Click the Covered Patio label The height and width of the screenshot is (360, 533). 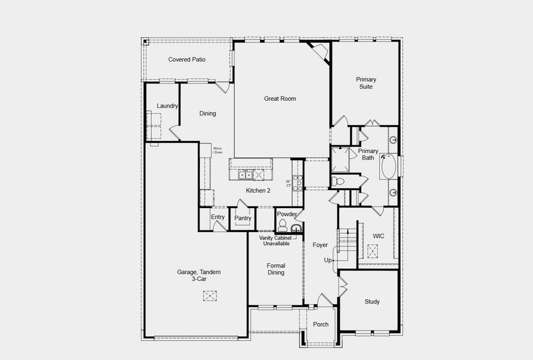tap(187, 59)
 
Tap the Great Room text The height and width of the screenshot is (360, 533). tap(280, 98)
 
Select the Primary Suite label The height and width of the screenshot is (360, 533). tap(366, 83)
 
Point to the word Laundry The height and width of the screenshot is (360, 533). tap(167, 106)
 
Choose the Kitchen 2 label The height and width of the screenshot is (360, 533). tap(258, 190)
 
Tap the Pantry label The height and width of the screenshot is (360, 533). tap(242, 218)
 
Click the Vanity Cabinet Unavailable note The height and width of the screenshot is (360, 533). tap(275, 241)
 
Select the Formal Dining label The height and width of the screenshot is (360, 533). tap(276, 269)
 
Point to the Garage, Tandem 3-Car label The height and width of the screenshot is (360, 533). tap(198, 275)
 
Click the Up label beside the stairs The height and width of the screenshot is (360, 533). tap(328, 260)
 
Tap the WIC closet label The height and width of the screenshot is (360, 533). tap(378, 236)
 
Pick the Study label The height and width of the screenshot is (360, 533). tap(372, 302)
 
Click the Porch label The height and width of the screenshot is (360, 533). tap(321, 325)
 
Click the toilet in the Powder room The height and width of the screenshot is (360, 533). tap(283, 226)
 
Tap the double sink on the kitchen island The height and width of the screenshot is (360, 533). tap(244, 175)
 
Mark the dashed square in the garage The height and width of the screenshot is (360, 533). tap(210, 295)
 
